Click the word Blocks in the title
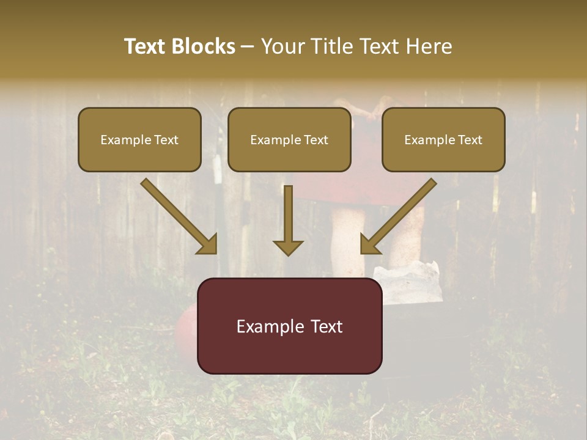(x=204, y=46)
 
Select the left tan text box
(x=139, y=139)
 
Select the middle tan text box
(x=289, y=139)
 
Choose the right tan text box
(x=443, y=139)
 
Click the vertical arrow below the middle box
(x=288, y=214)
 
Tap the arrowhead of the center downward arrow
(x=288, y=247)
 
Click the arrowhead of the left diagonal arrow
(x=208, y=245)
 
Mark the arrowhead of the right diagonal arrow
(x=369, y=245)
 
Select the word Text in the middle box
(x=316, y=140)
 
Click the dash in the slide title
(x=248, y=46)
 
